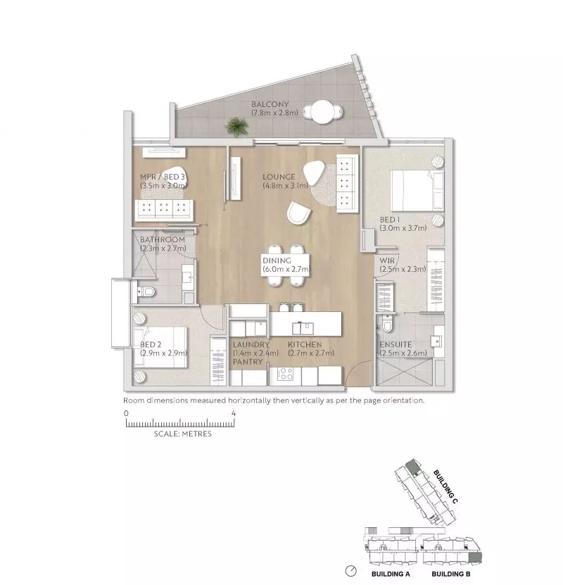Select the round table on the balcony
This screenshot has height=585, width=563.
pyautogui.click(x=324, y=112)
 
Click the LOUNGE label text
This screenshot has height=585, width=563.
pyautogui.click(x=279, y=177)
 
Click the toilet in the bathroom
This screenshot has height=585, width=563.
pyautogui.click(x=148, y=292)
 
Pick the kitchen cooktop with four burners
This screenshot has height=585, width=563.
pyautogui.click(x=286, y=374)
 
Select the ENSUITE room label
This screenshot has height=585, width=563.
pyautogui.click(x=396, y=344)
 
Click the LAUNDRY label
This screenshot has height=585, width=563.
pyautogui.click(x=251, y=344)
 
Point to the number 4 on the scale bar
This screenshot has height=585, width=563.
pyautogui.click(x=233, y=413)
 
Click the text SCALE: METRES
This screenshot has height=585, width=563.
pyautogui.click(x=182, y=434)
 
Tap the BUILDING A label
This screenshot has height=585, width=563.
pyautogui.click(x=391, y=574)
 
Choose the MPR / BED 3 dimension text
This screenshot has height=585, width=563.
pyautogui.click(x=163, y=186)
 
